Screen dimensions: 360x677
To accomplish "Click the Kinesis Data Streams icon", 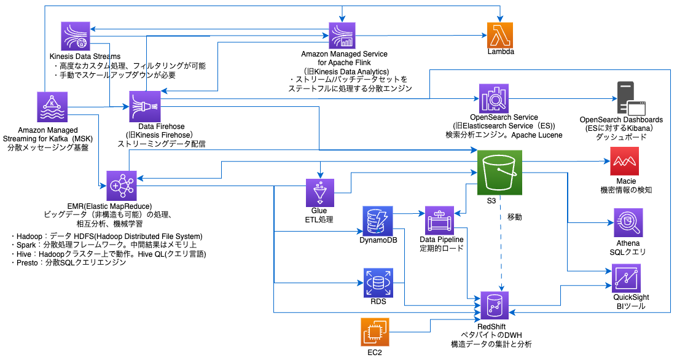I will point(76,36).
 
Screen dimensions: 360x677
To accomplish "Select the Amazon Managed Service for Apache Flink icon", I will point(344,36).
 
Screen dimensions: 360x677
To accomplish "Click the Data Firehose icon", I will point(145,106).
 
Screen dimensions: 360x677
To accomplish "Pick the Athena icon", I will point(627,223).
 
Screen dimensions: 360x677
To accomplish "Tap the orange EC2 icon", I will point(374,332).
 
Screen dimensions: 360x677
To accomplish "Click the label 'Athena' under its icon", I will point(627,244).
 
